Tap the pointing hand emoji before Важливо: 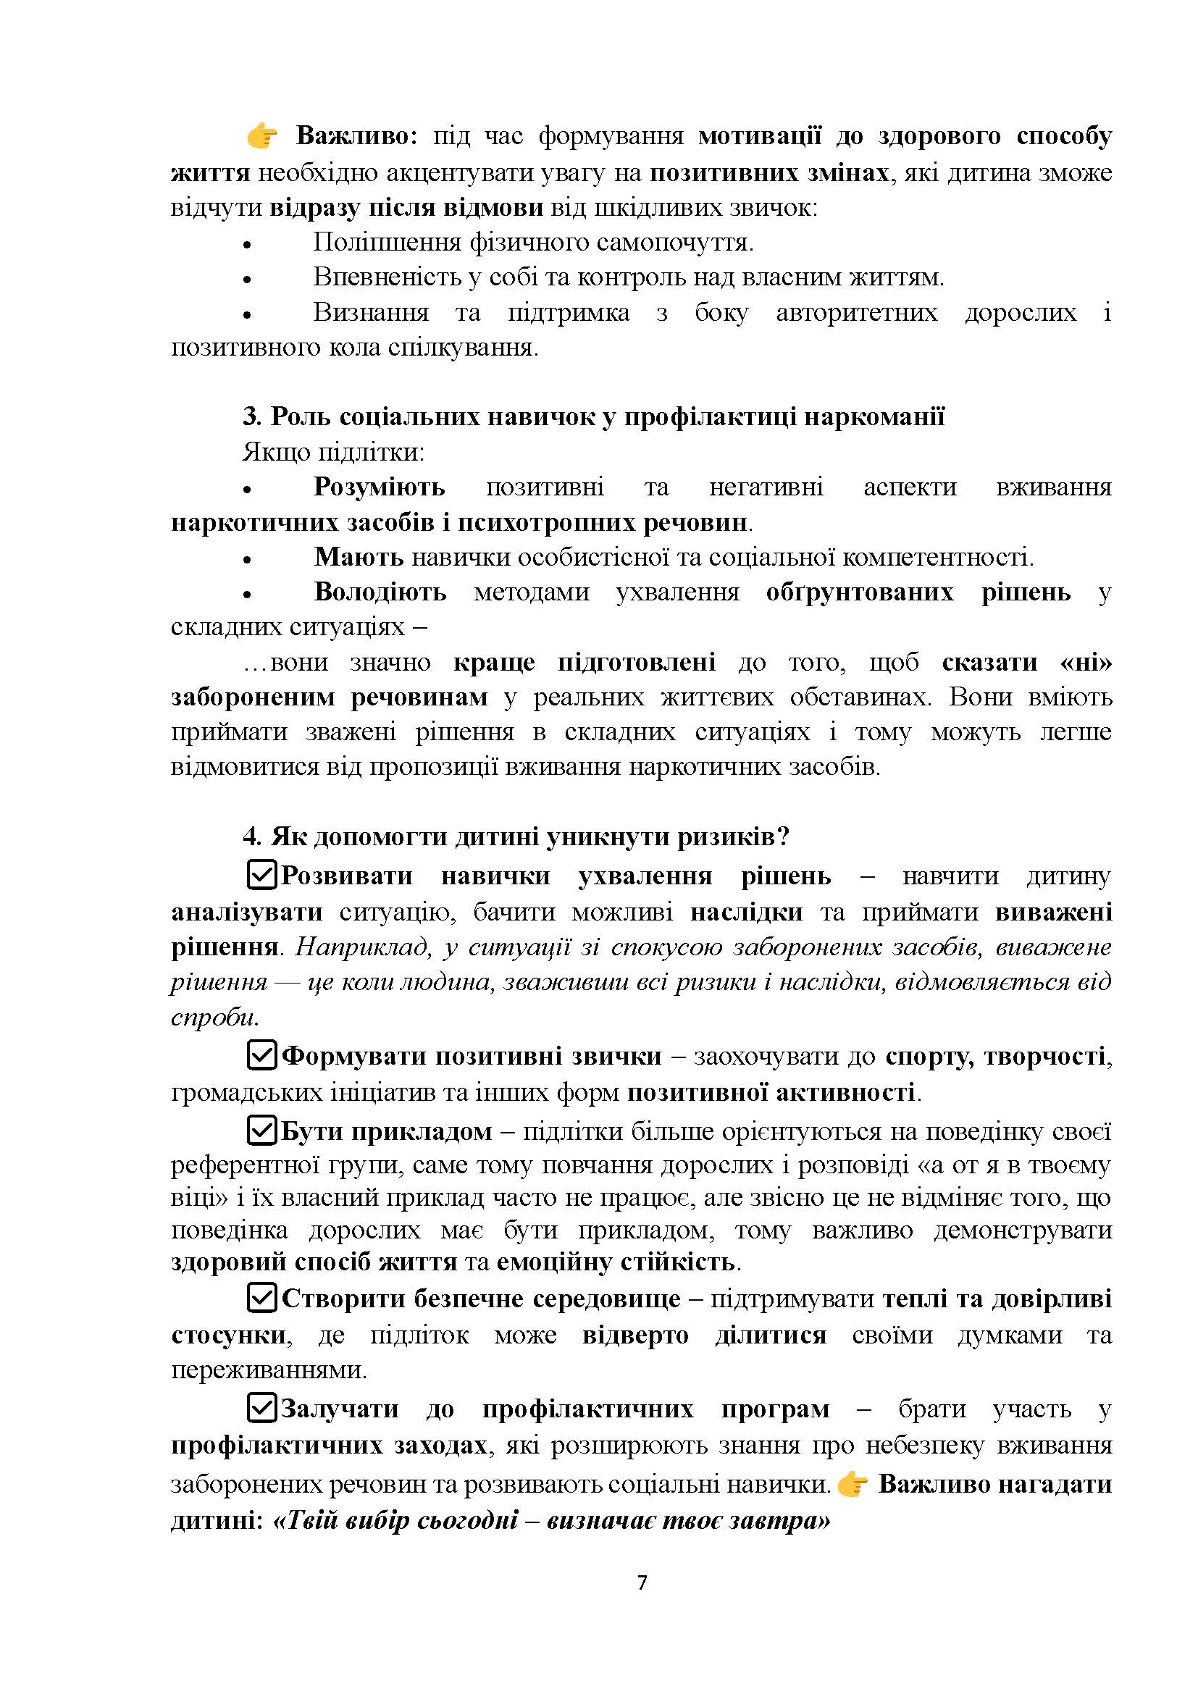tap(262, 136)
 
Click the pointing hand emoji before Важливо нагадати tap(853, 1484)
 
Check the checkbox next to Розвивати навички tap(261, 875)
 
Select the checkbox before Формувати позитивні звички tap(261, 1056)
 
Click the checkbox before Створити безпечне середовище tap(261, 1298)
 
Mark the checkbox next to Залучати tap(261, 1408)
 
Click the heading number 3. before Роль tap(252, 417)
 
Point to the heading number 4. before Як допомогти tap(252, 836)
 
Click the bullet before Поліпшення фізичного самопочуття tap(248, 245)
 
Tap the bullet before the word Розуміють tap(248, 490)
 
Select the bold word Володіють tap(380, 592)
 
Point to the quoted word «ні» tap(1085, 662)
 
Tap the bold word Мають tap(359, 557)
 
